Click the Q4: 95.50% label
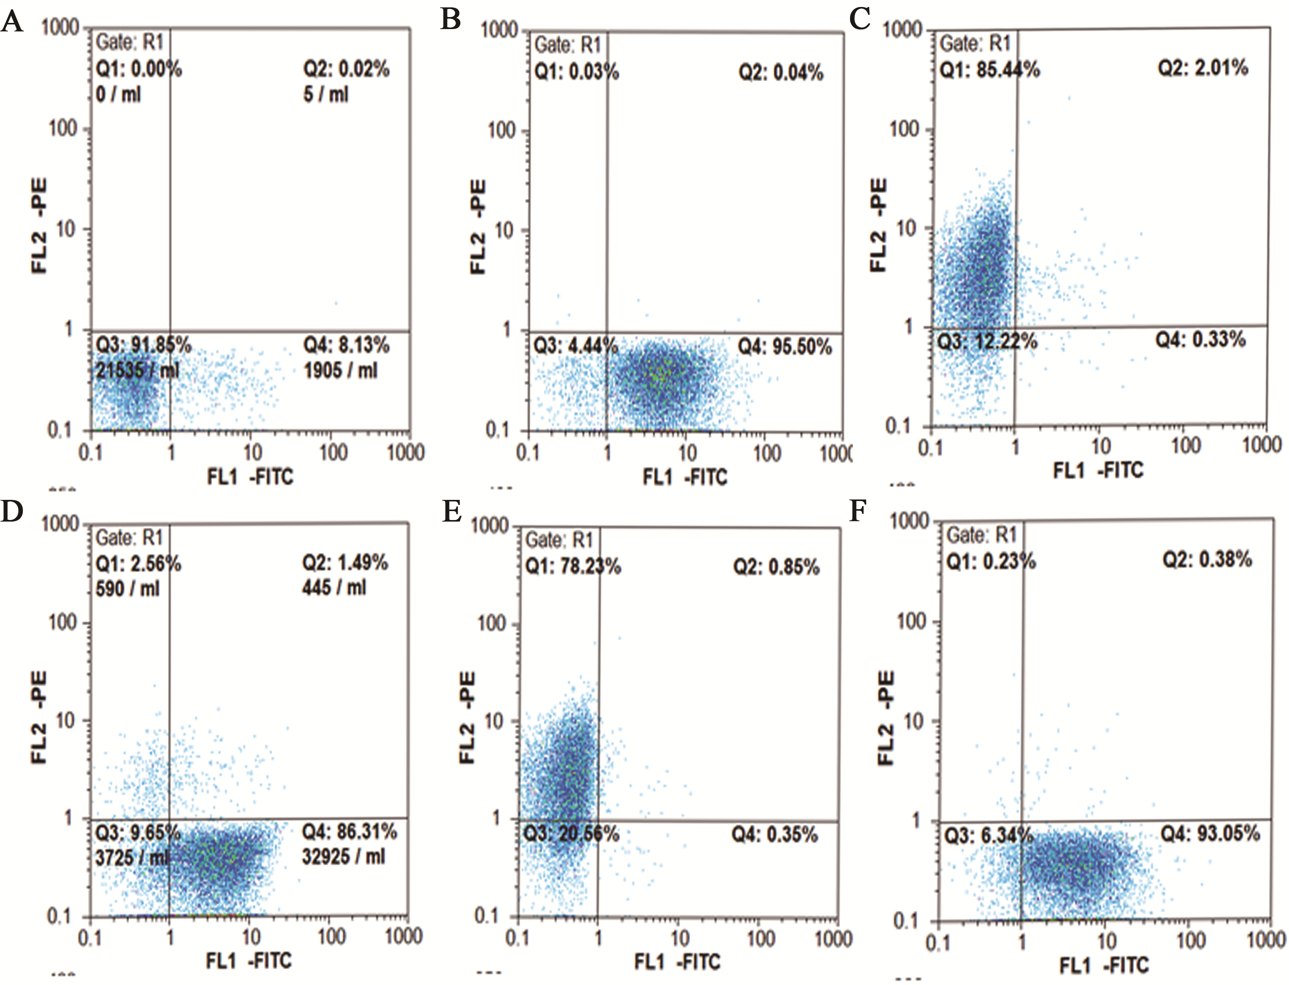click(x=784, y=347)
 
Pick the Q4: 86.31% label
click(x=349, y=831)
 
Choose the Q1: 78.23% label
click(x=573, y=566)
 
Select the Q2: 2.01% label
click(x=1203, y=68)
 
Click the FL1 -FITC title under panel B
click(x=685, y=477)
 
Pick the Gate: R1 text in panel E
click(x=559, y=539)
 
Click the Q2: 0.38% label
click(x=1207, y=559)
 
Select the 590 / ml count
click(x=127, y=588)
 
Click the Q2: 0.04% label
click(x=781, y=73)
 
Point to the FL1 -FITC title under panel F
click(x=1104, y=965)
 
